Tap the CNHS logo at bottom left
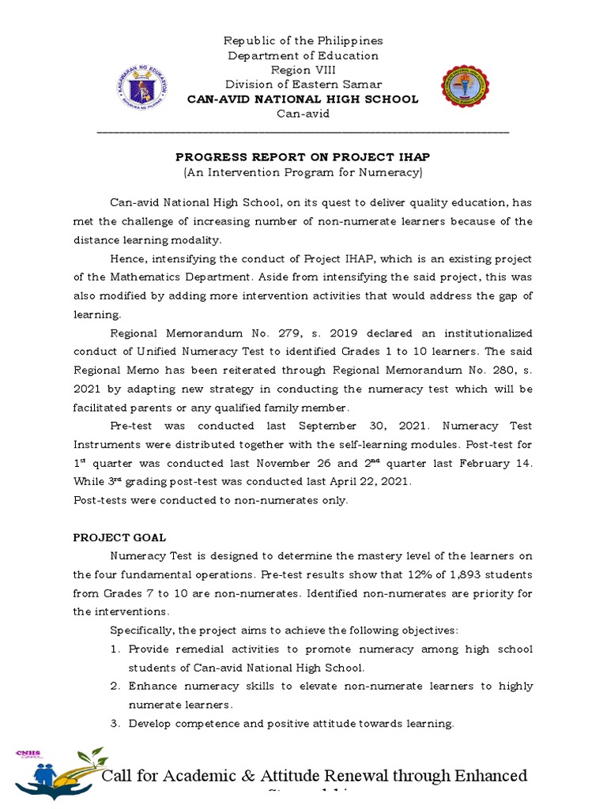57,773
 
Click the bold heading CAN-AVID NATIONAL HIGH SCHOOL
303,99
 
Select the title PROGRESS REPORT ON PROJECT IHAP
303,157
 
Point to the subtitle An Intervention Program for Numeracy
303,171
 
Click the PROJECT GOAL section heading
119,537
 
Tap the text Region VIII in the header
303,70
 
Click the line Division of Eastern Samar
303,85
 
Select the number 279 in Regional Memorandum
281,333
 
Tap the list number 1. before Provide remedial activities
115,649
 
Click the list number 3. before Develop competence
115,723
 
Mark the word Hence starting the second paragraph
128,259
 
